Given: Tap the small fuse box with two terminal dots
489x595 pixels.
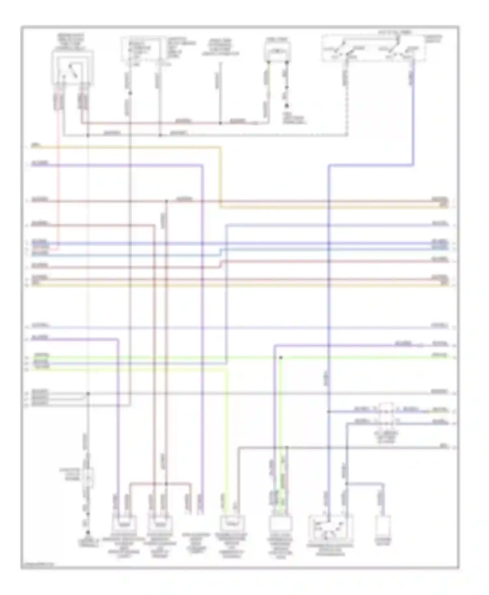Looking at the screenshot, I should point(277,51).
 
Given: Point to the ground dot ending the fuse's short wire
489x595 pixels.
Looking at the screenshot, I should point(287,106).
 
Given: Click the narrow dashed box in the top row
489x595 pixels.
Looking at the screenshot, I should point(141,49).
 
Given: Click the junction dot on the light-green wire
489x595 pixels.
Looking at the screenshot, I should point(280,357).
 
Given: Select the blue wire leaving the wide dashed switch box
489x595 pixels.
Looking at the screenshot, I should point(413,111).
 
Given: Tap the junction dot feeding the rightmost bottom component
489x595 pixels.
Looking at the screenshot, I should point(347,484).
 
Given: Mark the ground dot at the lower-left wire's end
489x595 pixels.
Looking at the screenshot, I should point(87,533).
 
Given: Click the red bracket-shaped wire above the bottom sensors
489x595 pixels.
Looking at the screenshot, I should point(160,483).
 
